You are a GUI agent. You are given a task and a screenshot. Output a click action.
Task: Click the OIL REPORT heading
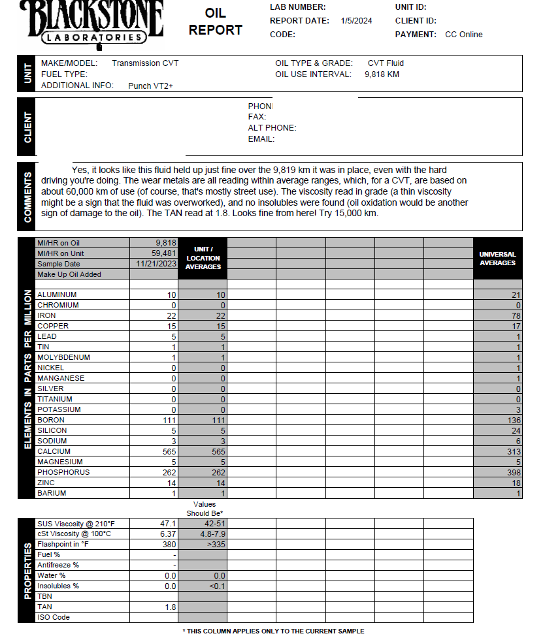[x=215, y=22]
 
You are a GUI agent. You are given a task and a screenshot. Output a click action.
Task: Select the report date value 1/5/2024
[x=356, y=20]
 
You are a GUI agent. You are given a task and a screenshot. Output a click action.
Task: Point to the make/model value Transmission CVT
[x=144, y=63]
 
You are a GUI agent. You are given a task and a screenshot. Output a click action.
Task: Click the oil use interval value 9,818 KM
[x=382, y=74]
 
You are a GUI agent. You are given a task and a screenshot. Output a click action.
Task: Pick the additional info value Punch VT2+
[x=150, y=86]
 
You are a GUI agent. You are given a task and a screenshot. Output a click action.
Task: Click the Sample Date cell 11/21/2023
[x=157, y=264]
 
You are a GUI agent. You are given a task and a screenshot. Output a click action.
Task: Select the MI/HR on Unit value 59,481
[x=163, y=253]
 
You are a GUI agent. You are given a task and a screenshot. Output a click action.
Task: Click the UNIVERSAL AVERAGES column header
[x=497, y=259]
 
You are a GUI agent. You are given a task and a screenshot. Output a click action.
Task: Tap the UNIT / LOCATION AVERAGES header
[x=203, y=258]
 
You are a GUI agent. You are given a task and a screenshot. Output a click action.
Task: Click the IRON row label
[x=46, y=315]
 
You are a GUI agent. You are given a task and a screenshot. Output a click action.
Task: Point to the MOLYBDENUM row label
[x=63, y=357]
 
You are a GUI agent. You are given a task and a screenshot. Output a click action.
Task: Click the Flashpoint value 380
[x=169, y=544]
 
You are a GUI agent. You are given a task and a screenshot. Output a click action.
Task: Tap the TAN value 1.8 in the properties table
[x=171, y=607]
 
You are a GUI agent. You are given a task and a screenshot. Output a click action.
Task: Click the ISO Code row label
[x=53, y=617]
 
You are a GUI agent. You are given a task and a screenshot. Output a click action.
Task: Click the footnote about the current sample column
[x=273, y=631]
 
